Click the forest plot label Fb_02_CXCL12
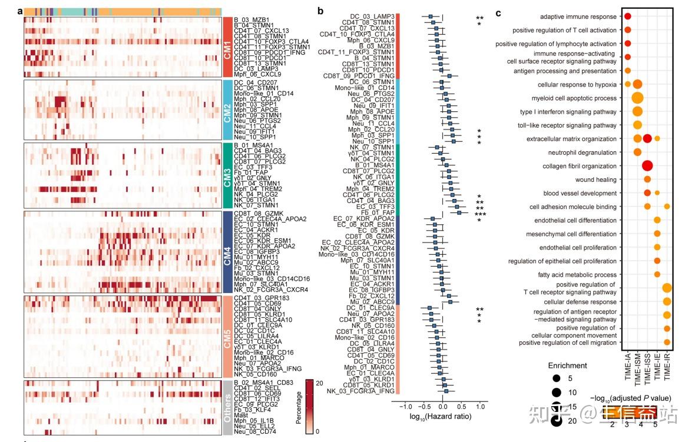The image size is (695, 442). click(x=371, y=295)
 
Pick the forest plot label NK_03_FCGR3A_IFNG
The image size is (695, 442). click(x=362, y=391)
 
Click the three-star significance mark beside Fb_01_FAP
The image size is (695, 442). click(x=479, y=215)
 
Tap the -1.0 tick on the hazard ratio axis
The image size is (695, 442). click(x=406, y=407)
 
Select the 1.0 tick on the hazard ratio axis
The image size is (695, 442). click(x=480, y=407)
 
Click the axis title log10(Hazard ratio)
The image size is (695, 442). click(x=442, y=417)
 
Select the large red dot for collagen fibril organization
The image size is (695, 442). click(x=647, y=167)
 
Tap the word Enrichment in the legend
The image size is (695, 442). click(x=570, y=366)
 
